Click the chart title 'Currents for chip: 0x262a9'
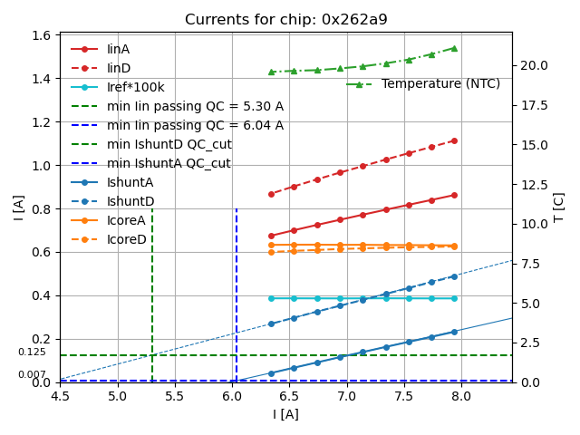(285, 20)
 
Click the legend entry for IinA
(119, 50)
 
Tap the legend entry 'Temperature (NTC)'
(440, 84)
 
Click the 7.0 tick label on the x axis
(346, 396)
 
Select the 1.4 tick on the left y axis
(42, 79)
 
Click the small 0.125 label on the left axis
(32, 353)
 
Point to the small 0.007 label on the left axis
(32, 374)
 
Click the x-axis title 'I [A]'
(285, 414)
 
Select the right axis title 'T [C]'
(559, 207)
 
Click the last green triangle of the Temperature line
(454, 48)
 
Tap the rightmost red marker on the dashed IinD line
(454, 140)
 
